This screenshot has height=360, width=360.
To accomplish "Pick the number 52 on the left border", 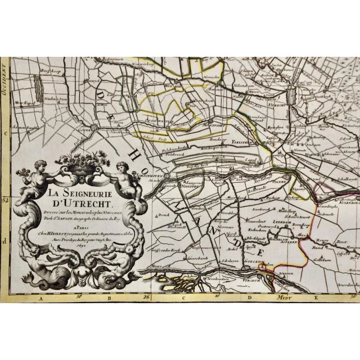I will click(5, 198).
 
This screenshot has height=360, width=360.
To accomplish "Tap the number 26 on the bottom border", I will click(146, 296).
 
